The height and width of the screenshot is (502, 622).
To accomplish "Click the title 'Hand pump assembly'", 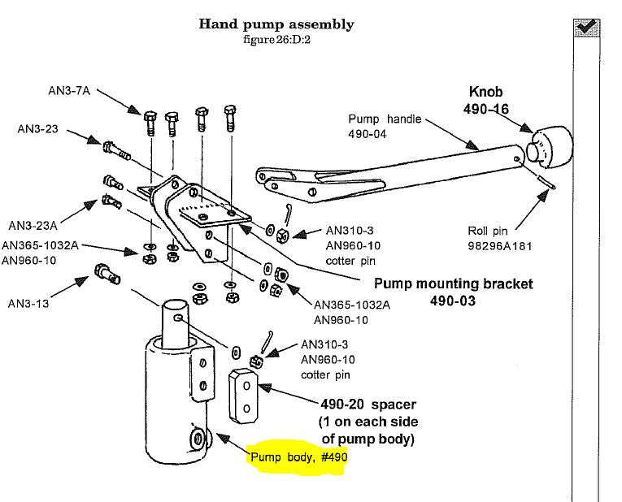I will [276, 24].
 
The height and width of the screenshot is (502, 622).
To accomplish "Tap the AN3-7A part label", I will [72, 92].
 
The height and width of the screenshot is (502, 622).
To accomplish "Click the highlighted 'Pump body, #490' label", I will [298, 457].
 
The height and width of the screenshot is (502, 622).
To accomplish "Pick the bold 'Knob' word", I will [487, 92].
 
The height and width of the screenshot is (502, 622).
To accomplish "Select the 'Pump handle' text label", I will [385, 119].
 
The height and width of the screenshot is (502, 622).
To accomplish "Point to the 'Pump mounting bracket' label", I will [453, 284].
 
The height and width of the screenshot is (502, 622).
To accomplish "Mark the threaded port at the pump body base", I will [196, 439].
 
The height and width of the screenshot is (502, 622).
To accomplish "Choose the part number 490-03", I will [453, 301].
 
